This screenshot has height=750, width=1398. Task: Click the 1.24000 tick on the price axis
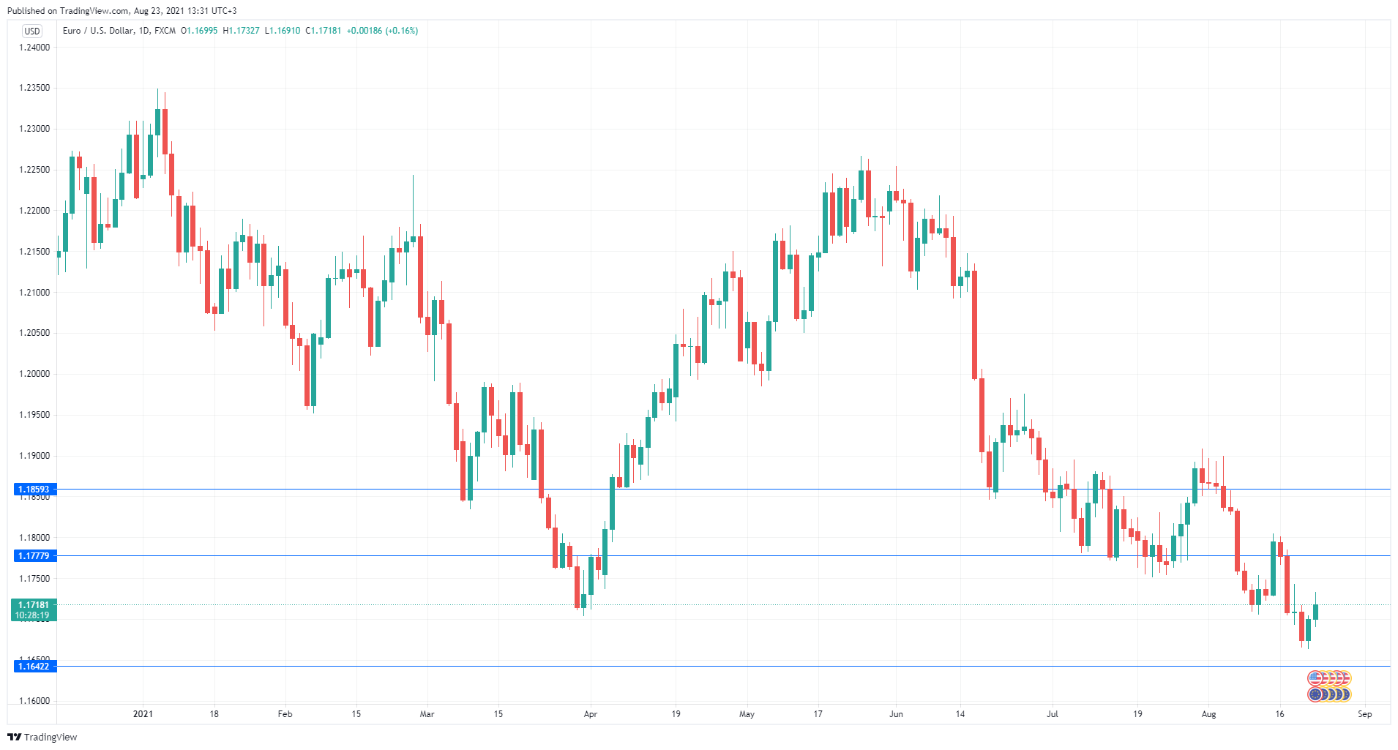point(34,48)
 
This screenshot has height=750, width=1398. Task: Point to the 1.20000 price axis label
point(34,374)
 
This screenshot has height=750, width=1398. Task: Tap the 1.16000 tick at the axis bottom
point(34,701)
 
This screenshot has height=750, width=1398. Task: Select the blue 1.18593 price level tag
point(34,490)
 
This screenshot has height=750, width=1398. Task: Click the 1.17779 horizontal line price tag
point(34,556)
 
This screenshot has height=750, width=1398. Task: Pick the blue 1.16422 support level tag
point(34,667)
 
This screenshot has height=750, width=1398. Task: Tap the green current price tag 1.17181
point(34,605)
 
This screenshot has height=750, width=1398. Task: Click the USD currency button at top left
point(32,31)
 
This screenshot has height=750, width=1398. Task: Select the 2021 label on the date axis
point(143,714)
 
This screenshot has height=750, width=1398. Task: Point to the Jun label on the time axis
point(896,714)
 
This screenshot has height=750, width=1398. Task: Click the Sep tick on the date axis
point(1364,714)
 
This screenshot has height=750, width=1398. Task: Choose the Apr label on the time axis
point(590,714)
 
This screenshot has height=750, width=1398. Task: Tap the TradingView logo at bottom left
point(42,737)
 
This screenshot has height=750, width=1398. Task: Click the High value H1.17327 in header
point(241,31)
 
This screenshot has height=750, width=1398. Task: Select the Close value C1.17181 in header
point(324,31)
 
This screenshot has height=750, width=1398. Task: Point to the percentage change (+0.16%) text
point(402,31)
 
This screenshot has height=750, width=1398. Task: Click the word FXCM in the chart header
point(165,31)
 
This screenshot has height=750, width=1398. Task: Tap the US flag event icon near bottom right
point(1316,678)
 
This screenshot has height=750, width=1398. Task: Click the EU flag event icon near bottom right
point(1316,694)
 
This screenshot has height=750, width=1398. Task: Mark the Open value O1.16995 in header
point(199,31)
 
